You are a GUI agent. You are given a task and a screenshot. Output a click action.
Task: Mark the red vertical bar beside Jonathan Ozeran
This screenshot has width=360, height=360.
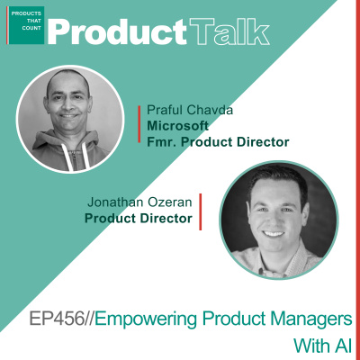click(200, 210)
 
